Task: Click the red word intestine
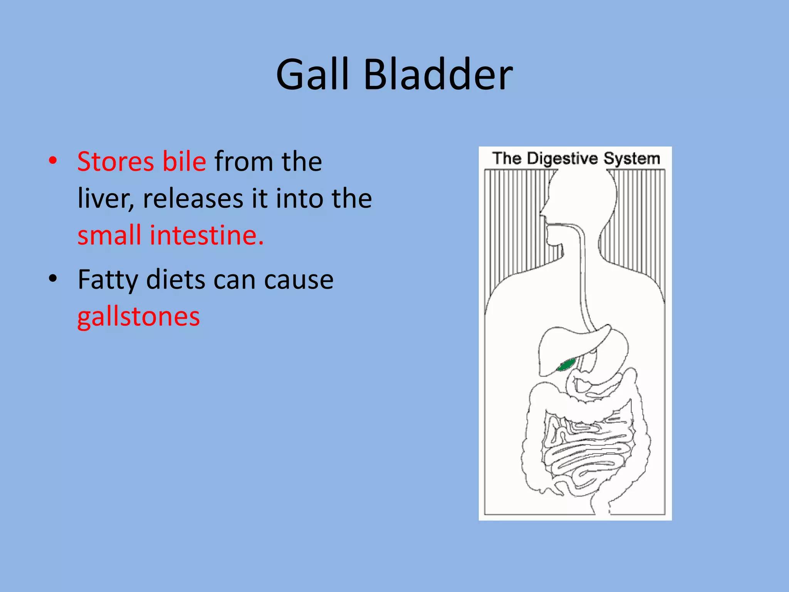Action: click(206, 235)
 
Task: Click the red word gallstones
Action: click(139, 317)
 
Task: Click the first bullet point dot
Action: click(53, 161)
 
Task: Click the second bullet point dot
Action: click(53, 279)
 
